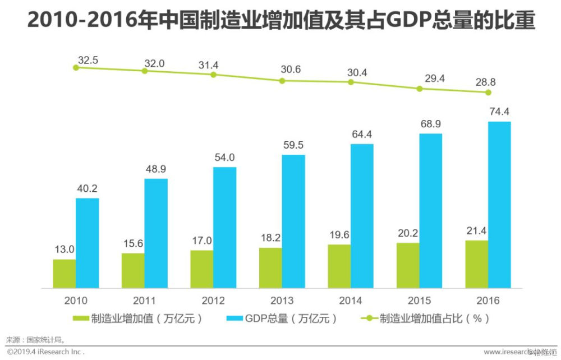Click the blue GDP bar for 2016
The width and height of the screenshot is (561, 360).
[x=499, y=205]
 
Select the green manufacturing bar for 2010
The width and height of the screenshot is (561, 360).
[x=64, y=274]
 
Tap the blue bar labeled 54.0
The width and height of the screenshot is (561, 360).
[x=224, y=228]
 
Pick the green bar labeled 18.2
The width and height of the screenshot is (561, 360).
[x=270, y=268]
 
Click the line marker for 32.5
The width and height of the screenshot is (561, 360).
[x=76, y=67]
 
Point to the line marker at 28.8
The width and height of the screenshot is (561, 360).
[x=488, y=93]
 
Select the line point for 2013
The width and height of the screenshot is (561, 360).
[x=282, y=81]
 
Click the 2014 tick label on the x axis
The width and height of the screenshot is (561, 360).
[x=351, y=300]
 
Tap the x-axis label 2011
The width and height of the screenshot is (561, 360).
[x=144, y=300]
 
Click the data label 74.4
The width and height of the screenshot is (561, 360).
[x=499, y=111]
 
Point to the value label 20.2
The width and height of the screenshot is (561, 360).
[x=407, y=233]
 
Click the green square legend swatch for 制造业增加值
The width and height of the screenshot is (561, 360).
[x=81, y=319]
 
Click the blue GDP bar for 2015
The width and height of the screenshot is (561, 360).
[x=430, y=211]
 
